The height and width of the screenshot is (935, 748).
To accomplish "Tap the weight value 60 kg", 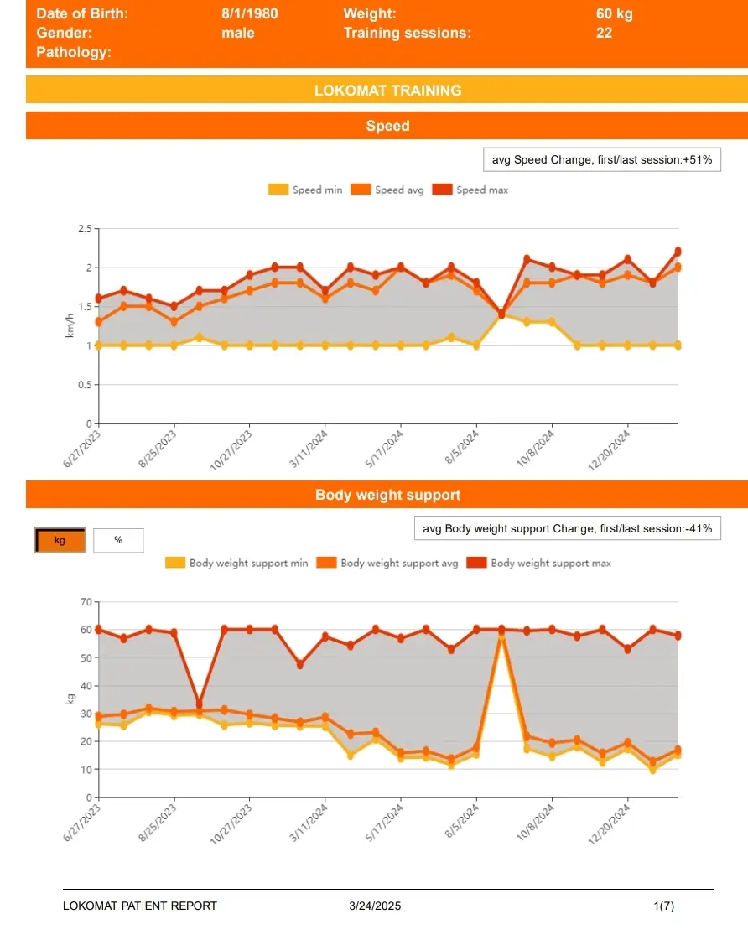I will pyautogui.click(x=615, y=13).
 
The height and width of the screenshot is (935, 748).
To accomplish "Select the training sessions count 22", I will pyautogui.click(x=604, y=34).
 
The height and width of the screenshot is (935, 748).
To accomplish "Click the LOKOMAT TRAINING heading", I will pyautogui.click(x=387, y=91).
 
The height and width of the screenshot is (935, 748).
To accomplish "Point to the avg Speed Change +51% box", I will pyautogui.click(x=601, y=159).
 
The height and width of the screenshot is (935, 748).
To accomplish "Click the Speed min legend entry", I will pyautogui.click(x=305, y=190).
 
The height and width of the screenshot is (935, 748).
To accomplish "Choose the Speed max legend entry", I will pyautogui.click(x=470, y=190).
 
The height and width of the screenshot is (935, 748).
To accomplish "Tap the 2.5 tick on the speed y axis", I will pyautogui.click(x=84, y=228).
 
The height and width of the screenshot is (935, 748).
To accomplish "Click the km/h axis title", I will pyautogui.click(x=70, y=326).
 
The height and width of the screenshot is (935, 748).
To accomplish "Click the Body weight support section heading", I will pyautogui.click(x=387, y=495).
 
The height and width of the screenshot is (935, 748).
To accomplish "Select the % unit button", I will pyautogui.click(x=118, y=540).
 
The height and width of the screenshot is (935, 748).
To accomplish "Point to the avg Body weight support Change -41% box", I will pyautogui.click(x=567, y=529).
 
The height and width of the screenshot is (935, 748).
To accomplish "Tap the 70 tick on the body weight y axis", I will pyautogui.click(x=84, y=602).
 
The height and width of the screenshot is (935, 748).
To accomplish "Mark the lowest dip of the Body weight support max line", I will pyautogui.click(x=199, y=703).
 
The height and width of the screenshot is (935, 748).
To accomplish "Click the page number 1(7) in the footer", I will pyautogui.click(x=663, y=906).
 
